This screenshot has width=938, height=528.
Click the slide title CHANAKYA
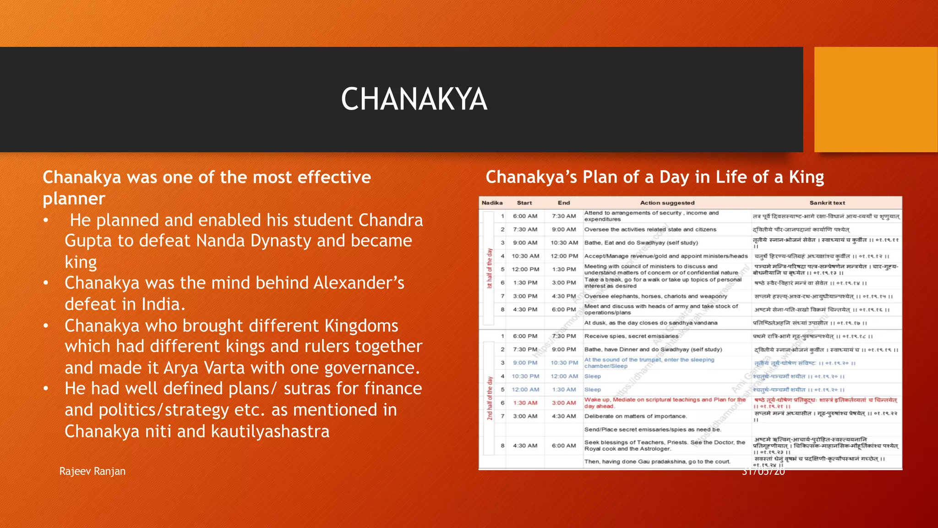tap(414, 99)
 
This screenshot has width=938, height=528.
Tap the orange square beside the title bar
tap(875, 99)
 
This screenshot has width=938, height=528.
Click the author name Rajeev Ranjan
tap(92, 471)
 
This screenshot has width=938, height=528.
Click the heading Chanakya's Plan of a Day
tap(654, 177)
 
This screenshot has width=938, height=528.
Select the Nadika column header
tap(492, 203)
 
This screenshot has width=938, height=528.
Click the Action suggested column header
tap(667, 203)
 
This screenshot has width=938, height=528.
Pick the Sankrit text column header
tap(827, 203)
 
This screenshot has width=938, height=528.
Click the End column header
tap(564, 203)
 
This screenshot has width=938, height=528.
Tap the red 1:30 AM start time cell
tap(525, 403)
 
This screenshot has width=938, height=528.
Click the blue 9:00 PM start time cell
tap(525, 363)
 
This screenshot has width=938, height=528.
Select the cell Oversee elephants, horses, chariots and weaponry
tap(655, 296)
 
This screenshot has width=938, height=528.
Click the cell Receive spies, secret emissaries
tap(631, 336)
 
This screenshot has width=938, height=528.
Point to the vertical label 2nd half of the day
tap(490, 398)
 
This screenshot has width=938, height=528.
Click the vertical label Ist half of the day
tap(490, 268)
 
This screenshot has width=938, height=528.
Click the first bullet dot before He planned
tap(46, 220)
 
